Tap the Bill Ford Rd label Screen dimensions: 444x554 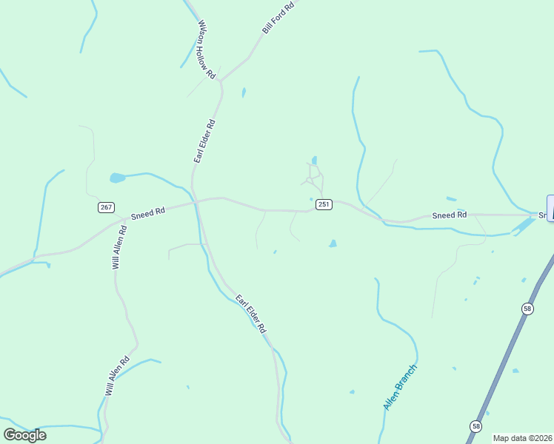click(278, 17)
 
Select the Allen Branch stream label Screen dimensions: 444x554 click(401, 387)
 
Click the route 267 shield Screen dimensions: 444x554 click(106, 206)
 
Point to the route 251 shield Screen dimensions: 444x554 click(323, 204)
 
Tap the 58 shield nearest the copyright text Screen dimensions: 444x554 click(475, 425)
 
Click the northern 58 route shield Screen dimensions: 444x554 click(527, 308)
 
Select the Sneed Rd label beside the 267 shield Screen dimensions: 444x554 click(147, 213)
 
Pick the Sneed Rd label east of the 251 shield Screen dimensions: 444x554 click(450, 215)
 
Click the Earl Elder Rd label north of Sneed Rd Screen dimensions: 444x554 click(204, 141)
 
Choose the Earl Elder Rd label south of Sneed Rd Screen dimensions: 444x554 click(250, 313)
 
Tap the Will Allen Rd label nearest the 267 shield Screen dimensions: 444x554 click(120, 246)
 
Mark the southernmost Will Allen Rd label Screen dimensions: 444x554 click(117, 376)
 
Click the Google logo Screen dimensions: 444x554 click(24, 435)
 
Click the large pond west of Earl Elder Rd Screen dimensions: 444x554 click(118, 178)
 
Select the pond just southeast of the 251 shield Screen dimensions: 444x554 click(333, 243)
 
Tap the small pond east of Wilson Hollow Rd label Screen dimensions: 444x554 click(243, 92)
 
